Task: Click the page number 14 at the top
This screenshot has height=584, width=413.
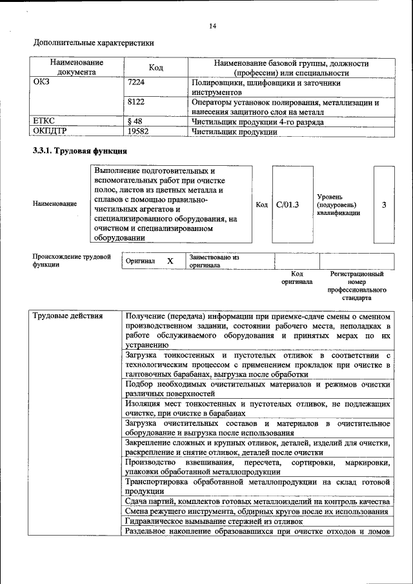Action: (212, 26)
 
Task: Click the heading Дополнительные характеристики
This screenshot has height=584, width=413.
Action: (94, 43)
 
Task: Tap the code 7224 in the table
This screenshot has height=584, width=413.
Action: (136, 83)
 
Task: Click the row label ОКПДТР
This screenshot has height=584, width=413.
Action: (50, 132)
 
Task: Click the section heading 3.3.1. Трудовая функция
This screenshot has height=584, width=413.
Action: (79, 151)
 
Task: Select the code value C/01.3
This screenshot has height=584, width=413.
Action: (288, 205)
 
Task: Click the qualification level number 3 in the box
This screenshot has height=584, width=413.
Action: (384, 205)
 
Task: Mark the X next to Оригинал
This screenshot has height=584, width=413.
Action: (170, 261)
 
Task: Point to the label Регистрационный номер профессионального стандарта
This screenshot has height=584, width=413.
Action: (357, 286)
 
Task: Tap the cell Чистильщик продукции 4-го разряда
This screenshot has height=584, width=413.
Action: (257, 121)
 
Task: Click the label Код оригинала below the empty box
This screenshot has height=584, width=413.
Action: (297, 277)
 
